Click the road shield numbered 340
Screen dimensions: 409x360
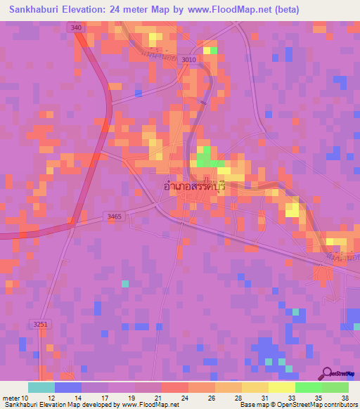point(76,27)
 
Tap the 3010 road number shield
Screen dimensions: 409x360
point(188,60)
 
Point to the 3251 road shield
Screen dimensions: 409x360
point(41,324)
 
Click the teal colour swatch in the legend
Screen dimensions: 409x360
point(41,387)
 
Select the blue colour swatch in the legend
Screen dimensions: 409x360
point(68,387)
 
